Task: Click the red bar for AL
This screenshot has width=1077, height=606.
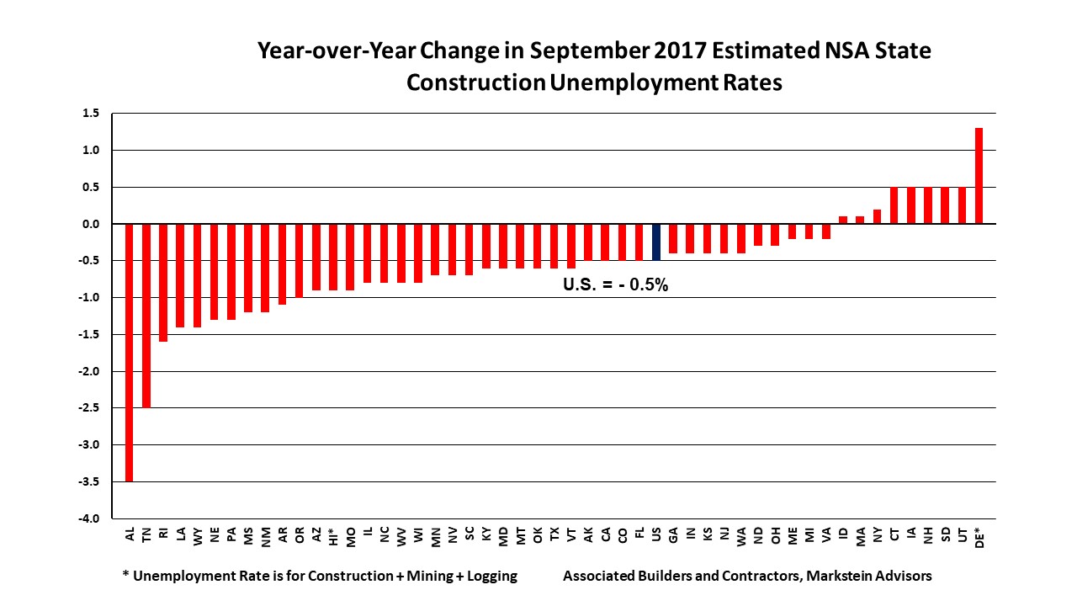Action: (x=130, y=352)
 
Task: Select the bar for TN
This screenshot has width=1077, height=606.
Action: (x=146, y=316)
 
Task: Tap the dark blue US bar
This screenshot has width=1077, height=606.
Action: (x=656, y=242)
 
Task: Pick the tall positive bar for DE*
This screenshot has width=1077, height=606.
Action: (x=979, y=176)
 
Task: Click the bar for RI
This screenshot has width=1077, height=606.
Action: (x=163, y=282)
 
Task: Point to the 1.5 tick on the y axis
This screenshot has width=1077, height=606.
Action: (x=91, y=114)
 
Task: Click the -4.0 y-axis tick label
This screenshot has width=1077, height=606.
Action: (x=89, y=518)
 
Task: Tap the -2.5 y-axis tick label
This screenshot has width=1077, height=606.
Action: (x=89, y=408)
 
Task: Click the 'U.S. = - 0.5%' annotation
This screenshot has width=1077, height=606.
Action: (x=615, y=285)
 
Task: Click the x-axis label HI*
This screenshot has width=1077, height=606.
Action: (x=334, y=536)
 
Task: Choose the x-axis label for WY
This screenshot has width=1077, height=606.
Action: (x=198, y=535)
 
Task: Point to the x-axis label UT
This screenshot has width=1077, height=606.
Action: (x=963, y=534)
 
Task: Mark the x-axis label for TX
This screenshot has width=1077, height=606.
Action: (x=554, y=534)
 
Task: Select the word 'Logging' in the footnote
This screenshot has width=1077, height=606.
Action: (x=485, y=577)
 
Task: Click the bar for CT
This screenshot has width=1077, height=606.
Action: (x=894, y=205)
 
